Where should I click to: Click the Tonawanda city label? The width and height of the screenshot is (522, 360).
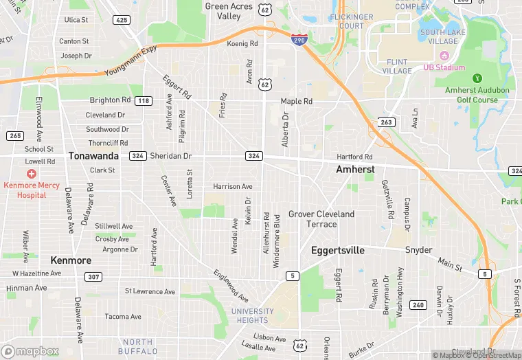tap(93, 156)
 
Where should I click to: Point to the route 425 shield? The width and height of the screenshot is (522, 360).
tap(122, 20)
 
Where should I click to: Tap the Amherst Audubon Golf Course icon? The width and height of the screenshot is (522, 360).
tap(478, 77)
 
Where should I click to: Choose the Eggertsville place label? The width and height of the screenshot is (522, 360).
tap(338, 251)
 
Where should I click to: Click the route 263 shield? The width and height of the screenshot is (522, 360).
tap(385, 122)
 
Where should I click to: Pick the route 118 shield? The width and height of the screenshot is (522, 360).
tap(143, 101)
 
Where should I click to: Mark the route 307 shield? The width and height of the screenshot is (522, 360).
tap(94, 276)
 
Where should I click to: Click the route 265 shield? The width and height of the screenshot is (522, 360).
tap(15, 135)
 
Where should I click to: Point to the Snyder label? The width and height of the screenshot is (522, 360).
tap(418, 250)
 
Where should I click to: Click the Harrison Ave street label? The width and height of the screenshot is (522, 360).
tap(233, 186)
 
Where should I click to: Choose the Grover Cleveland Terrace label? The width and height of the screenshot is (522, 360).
tap(321, 219)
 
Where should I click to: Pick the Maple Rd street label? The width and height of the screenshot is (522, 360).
tap(297, 101)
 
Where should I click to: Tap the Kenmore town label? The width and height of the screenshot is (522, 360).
tap(71, 260)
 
